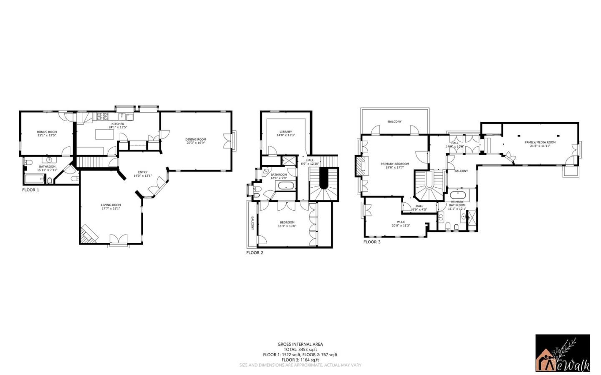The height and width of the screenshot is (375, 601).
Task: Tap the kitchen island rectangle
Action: coord(105,134)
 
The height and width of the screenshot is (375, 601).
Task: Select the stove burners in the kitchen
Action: coord(103,116)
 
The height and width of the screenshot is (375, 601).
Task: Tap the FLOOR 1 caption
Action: coord(30,190)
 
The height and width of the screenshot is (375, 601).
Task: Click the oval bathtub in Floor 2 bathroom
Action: coord(286,185)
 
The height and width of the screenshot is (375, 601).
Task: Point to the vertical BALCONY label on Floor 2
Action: coord(253,223)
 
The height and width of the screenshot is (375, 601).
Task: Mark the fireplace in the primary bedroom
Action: coord(361,166)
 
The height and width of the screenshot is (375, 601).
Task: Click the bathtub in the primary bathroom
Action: coord(457,195)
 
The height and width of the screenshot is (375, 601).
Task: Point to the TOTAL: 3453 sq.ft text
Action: coord(300,350)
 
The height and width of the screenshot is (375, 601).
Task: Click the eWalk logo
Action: coord(563,353)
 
